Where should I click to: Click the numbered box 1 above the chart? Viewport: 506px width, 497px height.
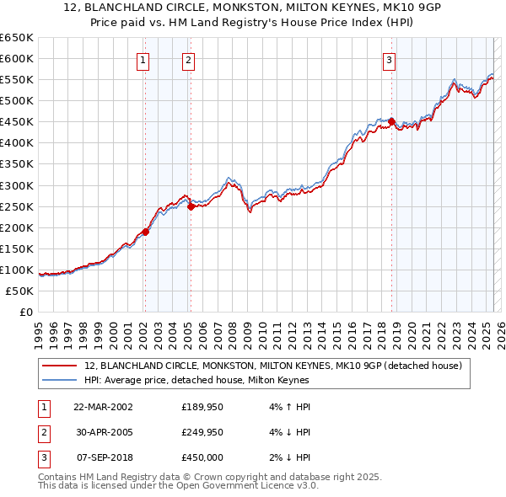[144, 60]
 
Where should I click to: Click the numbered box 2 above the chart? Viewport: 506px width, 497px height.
[188, 60]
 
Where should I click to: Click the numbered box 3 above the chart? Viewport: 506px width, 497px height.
[389, 60]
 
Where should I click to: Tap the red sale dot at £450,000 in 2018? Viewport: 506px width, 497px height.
[392, 121]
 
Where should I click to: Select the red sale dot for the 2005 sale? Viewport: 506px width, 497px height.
[191, 206]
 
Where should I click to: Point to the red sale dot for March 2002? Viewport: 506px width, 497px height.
[145, 232]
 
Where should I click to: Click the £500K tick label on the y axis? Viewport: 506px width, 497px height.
[17, 100]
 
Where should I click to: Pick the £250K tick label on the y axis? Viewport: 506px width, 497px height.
[17, 206]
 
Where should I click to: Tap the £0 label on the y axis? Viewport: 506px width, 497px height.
[24, 312]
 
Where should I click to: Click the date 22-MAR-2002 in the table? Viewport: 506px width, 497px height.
[103, 407]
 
